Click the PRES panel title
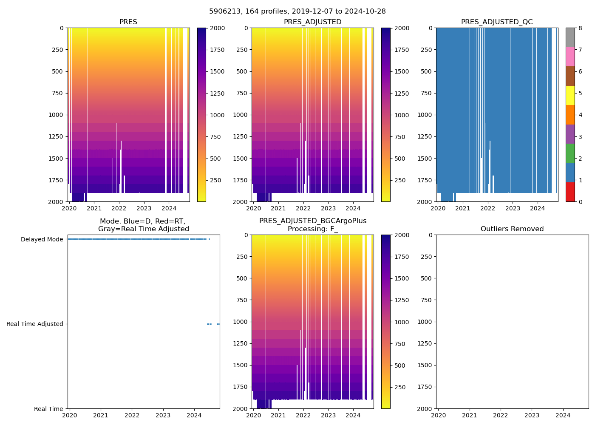[x=128, y=22]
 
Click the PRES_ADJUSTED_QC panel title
[x=497, y=22]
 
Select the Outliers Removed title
[x=512, y=229]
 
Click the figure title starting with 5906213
[x=297, y=11]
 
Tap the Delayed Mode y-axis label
[x=42, y=239]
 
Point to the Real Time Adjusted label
[x=35, y=324]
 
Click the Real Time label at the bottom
[x=48, y=409]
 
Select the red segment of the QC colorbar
[x=570, y=192]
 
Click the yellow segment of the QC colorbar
[x=570, y=95]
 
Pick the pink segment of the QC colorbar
[x=570, y=57]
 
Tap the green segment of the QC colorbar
[x=570, y=153]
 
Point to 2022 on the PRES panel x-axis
[x=119, y=208]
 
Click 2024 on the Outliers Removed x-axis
[x=563, y=415]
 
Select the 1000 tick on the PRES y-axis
[x=56, y=115]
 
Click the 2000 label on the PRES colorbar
[x=217, y=28]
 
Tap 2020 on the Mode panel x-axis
[x=70, y=415]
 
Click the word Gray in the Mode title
[x=107, y=229]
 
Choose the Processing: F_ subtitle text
[x=313, y=229]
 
